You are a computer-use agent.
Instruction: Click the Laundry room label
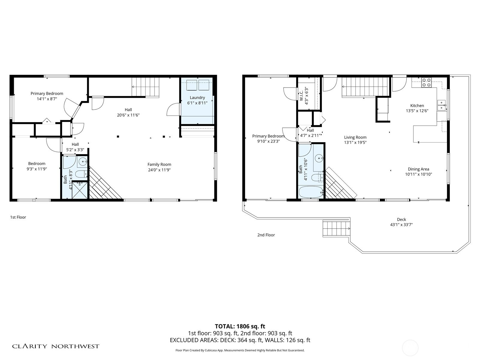pos(197,97)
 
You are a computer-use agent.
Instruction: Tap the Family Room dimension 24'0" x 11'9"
pos(159,170)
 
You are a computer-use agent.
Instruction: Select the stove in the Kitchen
pos(426,82)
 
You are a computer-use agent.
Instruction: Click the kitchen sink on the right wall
pos(441,106)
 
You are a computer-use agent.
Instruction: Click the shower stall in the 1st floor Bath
pos(79,190)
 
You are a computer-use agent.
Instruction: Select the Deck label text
pos(401,219)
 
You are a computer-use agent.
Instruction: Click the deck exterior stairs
pos(336,229)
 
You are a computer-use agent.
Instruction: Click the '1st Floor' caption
pos(18,217)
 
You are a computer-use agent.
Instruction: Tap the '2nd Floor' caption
pos(266,235)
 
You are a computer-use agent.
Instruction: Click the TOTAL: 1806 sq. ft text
pos(240,326)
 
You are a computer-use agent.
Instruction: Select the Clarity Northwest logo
pos(56,346)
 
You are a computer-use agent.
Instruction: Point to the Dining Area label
pos(418,169)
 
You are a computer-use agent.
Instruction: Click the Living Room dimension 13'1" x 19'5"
pos(355,142)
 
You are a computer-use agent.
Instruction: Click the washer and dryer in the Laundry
pos(198,85)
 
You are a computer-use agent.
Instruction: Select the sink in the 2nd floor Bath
pos(319,157)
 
